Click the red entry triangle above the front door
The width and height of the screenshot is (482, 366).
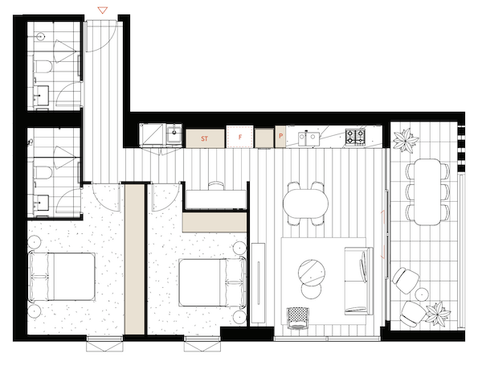[102, 10]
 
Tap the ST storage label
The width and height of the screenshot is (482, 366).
[204, 138]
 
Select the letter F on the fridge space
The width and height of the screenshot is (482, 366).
[240, 138]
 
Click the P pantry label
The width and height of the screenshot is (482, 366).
[280, 136]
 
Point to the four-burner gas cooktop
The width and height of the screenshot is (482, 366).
[355, 137]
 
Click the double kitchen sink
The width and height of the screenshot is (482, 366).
[309, 138]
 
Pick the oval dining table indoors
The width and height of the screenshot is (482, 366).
[305, 204]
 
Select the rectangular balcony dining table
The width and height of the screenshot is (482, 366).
[427, 191]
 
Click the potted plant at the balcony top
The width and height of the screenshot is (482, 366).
[406, 139]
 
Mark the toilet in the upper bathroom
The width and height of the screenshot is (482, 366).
[43, 67]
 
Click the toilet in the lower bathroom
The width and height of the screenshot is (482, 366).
[43, 173]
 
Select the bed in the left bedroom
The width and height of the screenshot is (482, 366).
[62, 277]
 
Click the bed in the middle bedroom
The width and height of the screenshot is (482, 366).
[212, 282]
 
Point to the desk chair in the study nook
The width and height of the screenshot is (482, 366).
[216, 185]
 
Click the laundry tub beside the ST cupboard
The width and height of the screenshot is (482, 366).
[174, 134]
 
